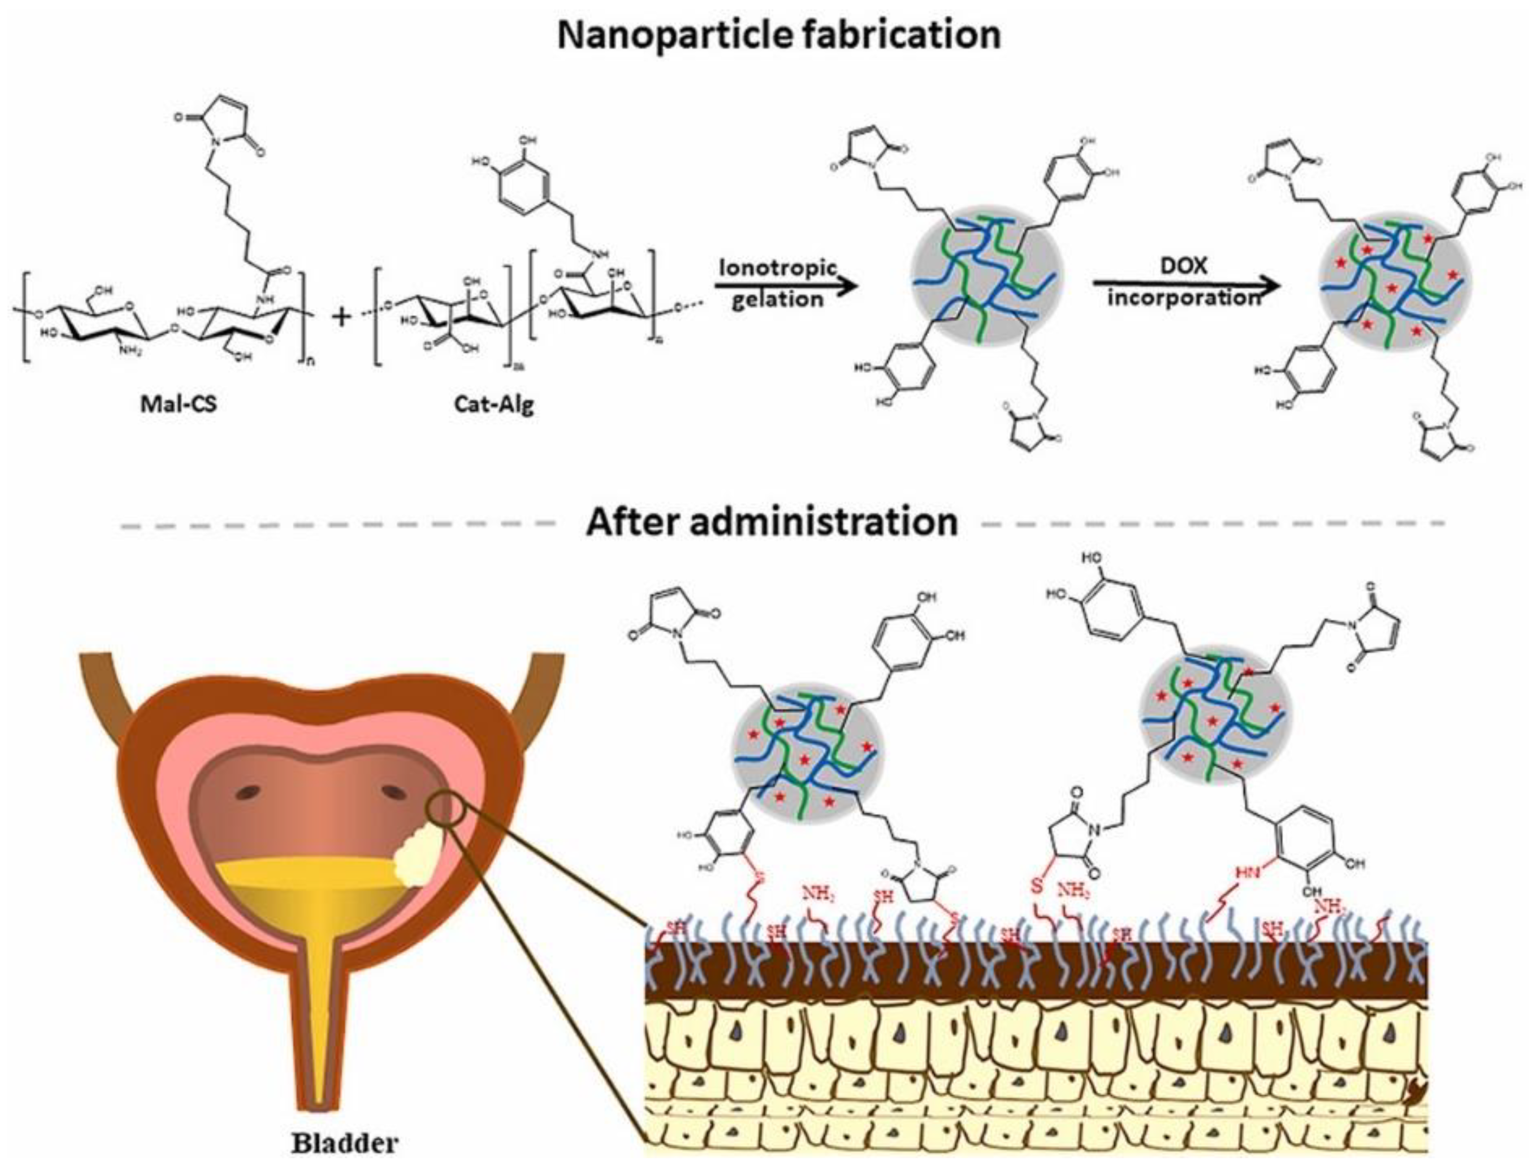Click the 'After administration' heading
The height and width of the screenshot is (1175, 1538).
(x=772, y=522)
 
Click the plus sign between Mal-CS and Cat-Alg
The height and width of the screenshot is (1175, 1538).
(x=341, y=319)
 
